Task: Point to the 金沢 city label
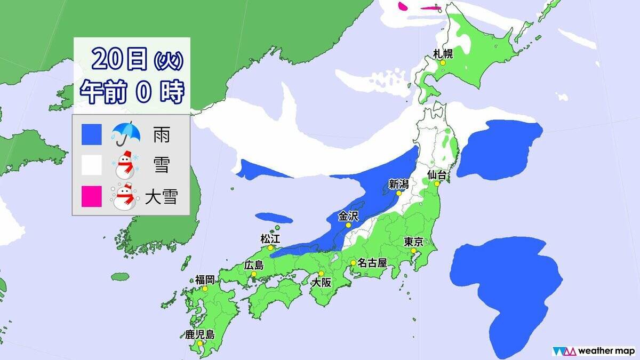[x=349, y=216]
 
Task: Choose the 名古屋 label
[x=372, y=262]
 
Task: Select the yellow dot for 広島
[x=254, y=275]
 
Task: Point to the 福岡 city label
[x=205, y=279]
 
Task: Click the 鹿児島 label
[x=199, y=335]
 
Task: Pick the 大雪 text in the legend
[x=161, y=198]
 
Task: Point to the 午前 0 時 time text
[x=132, y=93]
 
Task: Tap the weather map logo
[x=591, y=350]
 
